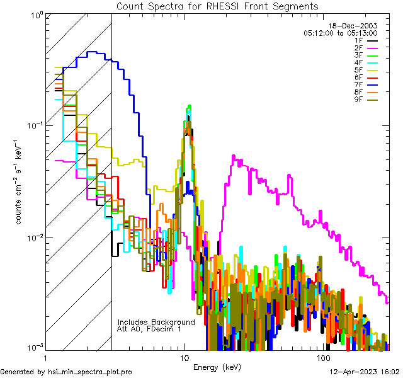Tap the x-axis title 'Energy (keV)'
click(x=217, y=367)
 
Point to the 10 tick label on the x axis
click(x=184, y=357)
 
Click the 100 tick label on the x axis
click(x=323, y=357)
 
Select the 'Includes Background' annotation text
click(x=156, y=322)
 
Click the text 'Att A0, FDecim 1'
click(x=149, y=329)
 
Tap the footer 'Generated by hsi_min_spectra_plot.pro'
click(x=66, y=372)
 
